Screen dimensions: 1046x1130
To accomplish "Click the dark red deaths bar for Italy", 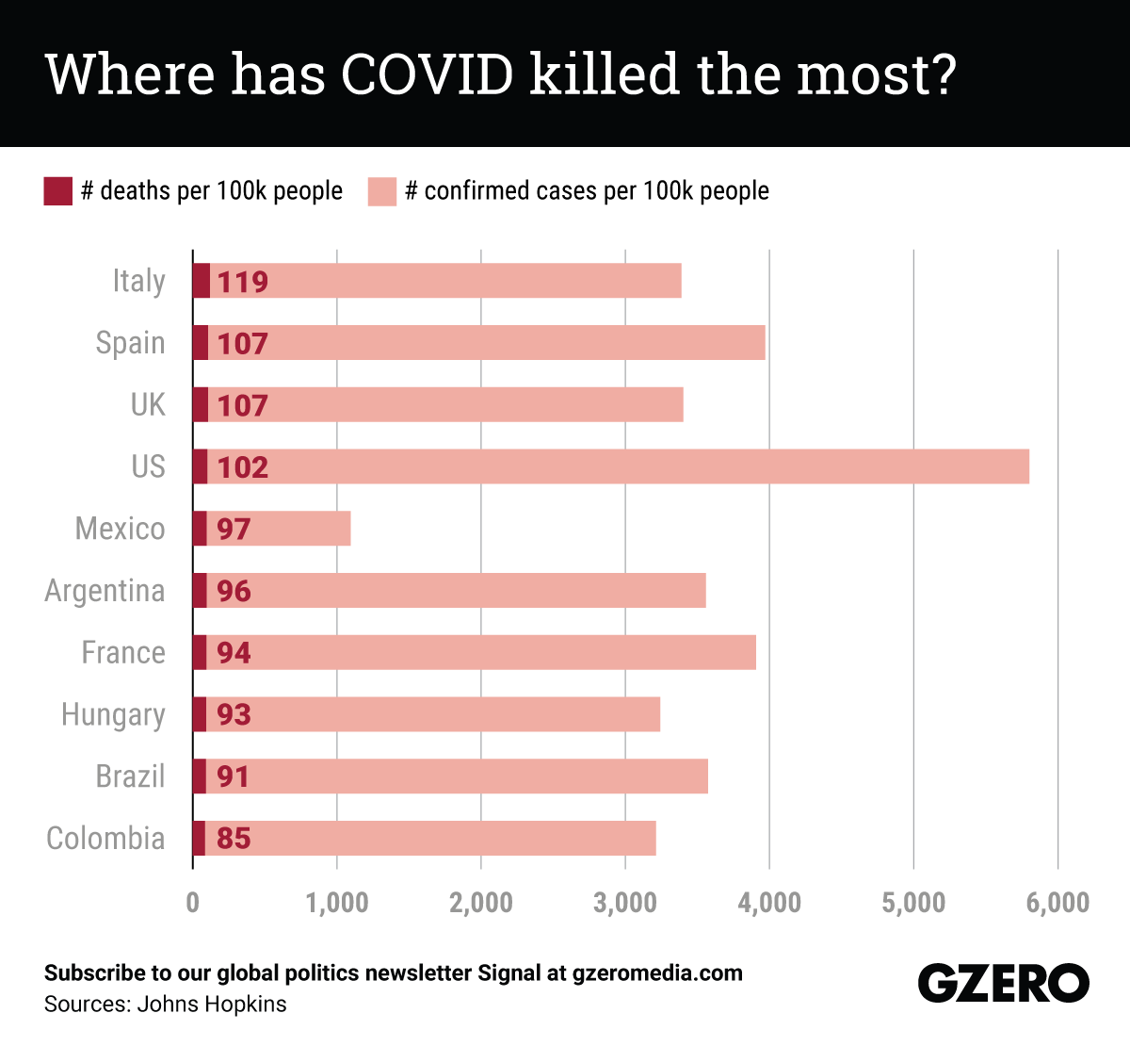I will tap(202, 281).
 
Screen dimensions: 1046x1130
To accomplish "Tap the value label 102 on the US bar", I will tap(243, 467).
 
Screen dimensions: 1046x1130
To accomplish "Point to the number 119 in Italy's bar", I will tap(243, 282).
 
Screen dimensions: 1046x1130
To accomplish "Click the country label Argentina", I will tap(105, 591).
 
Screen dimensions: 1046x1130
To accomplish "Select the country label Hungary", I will tap(113, 715).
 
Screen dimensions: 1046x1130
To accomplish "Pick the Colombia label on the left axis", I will tap(105, 839).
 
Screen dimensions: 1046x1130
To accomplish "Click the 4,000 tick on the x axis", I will tap(769, 903).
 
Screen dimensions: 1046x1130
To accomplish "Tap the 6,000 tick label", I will tap(1057, 903).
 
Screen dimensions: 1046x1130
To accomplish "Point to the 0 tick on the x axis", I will tap(193, 903).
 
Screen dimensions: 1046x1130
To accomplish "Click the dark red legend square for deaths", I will tap(58, 191).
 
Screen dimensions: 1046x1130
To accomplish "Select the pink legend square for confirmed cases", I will tap(382, 191).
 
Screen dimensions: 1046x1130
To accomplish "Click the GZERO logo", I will tap(1003, 984).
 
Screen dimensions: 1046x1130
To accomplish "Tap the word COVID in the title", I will tap(428, 74).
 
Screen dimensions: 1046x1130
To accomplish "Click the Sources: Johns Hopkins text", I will tap(165, 1005).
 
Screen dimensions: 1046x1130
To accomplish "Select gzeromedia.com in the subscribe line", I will tap(657, 973).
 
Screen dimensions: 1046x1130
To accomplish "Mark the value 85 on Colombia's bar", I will tap(234, 839).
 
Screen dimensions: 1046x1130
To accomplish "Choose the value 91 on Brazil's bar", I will tap(234, 776).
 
